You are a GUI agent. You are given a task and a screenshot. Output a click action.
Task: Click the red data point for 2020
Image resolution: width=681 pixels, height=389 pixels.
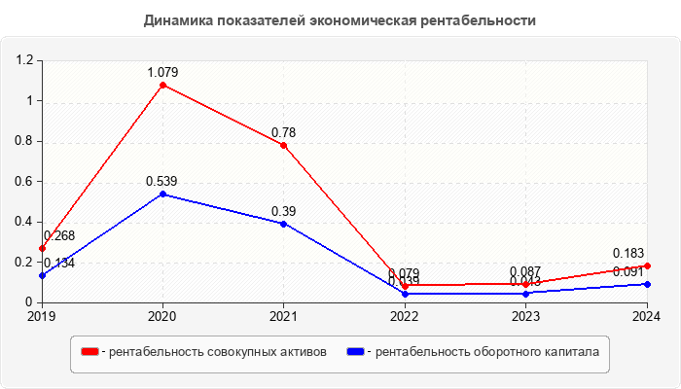pyautogui.click(x=162, y=85)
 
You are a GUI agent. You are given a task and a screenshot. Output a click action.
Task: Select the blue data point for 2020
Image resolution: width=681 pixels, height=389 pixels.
pyautogui.click(x=162, y=194)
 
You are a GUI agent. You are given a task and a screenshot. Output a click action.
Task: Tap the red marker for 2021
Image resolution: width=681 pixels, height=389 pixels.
pyautogui.click(x=283, y=145)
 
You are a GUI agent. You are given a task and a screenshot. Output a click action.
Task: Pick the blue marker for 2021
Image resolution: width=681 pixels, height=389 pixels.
pyautogui.click(x=283, y=224)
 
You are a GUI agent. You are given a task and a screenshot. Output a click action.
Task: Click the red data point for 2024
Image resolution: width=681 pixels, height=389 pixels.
pyautogui.click(x=647, y=265)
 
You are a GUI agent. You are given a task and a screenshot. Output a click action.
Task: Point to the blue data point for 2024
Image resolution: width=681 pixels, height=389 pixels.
pyautogui.click(x=647, y=284)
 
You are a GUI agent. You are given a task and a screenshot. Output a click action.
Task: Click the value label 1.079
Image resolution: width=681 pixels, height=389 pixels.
pyautogui.click(x=162, y=72)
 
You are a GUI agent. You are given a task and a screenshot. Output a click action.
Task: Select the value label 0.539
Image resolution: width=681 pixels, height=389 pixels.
pyautogui.click(x=161, y=181)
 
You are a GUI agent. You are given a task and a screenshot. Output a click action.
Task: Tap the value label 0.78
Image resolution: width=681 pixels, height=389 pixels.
pyautogui.click(x=283, y=132)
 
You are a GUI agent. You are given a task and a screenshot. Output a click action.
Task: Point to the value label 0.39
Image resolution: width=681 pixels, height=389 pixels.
pyautogui.click(x=283, y=211)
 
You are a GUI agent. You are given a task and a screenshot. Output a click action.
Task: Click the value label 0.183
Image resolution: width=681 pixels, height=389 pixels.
pyautogui.click(x=628, y=253)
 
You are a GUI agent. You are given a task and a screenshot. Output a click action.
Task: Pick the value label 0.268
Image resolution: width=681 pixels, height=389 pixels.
pyautogui.click(x=59, y=235)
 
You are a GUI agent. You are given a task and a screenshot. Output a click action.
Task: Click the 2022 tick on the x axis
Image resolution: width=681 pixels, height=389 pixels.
pyautogui.click(x=405, y=316)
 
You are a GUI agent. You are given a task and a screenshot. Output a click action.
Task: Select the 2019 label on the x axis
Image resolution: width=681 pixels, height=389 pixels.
pyautogui.click(x=42, y=316)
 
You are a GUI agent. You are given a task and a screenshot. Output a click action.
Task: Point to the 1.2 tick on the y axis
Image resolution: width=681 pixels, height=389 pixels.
pyautogui.click(x=24, y=60)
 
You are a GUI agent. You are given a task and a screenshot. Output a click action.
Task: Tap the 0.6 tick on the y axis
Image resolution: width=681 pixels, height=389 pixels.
pyautogui.click(x=24, y=182)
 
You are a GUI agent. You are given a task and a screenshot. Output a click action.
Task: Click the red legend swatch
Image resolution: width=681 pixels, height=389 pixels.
pyautogui.click(x=90, y=351)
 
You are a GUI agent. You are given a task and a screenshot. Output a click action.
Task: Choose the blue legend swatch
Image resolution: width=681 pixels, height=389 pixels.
pyautogui.click(x=356, y=351)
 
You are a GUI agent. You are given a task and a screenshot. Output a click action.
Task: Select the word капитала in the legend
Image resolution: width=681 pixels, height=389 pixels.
pyautogui.click(x=566, y=351)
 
